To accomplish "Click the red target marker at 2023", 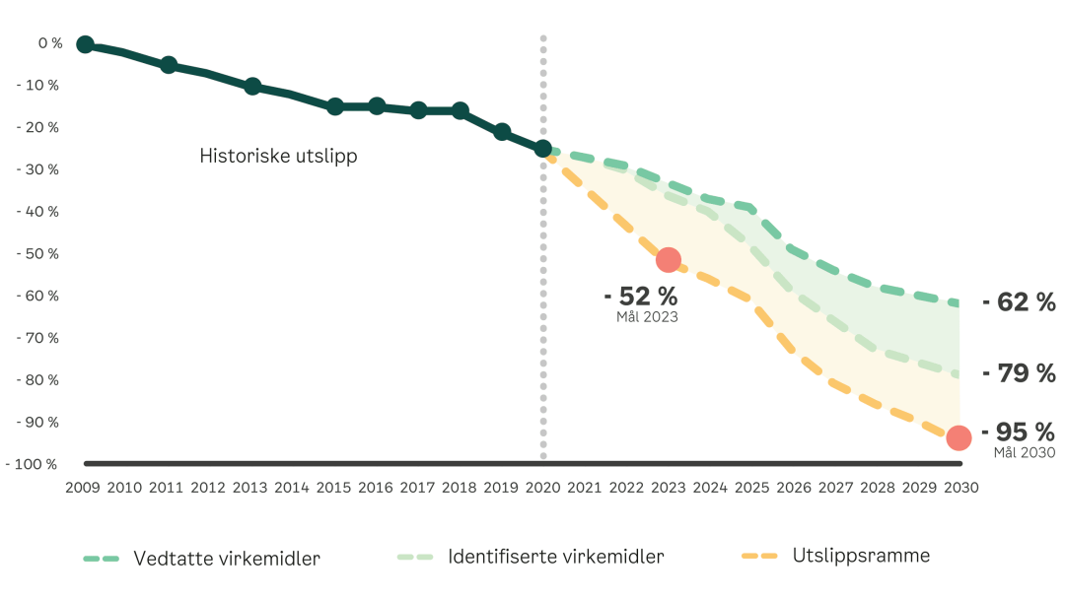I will [x=669, y=260].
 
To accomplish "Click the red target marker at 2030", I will [x=958, y=438].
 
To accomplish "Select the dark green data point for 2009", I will [x=85, y=44].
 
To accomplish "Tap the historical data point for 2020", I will [x=542, y=149].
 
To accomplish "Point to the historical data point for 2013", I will [x=252, y=87].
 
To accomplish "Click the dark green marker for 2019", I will [x=502, y=132].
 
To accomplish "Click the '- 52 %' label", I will [x=641, y=295].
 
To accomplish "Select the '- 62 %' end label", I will [x=1019, y=302].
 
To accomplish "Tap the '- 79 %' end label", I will [x=1019, y=373].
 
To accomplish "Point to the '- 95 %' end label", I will [x=1019, y=432].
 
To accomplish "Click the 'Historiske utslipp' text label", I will [x=278, y=156].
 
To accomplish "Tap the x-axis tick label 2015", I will [x=334, y=488].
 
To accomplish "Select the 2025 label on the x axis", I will [x=751, y=488].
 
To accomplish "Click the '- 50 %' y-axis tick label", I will [x=37, y=253].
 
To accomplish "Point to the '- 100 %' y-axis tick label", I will [x=33, y=464].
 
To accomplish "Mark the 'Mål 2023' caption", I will [x=647, y=317].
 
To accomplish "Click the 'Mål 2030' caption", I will [x=1024, y=452].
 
